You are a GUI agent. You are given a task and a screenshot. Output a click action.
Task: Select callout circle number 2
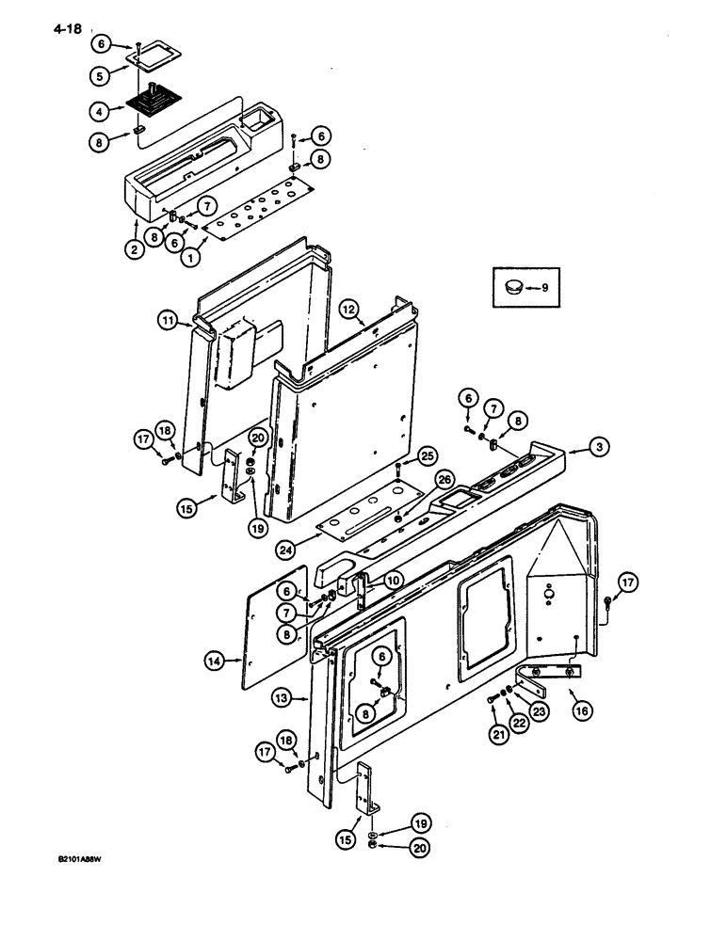[136, 250]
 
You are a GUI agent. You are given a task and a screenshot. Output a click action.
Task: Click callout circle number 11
[168, 322]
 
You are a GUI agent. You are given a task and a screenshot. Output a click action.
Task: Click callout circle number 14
[215, 662]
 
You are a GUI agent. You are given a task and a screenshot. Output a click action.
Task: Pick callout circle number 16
[581, 711]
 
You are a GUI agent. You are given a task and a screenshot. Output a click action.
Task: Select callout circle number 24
[286, 548]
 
